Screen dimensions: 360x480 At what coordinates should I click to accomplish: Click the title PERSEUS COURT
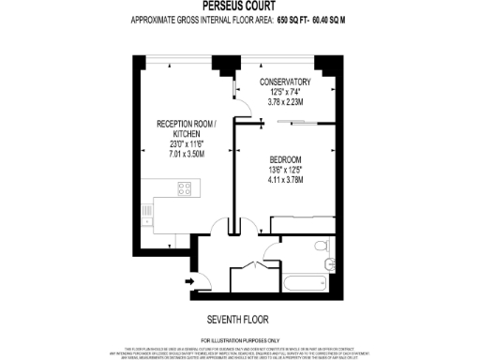click(239, 5)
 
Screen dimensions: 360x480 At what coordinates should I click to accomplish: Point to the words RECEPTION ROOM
click(185, 124)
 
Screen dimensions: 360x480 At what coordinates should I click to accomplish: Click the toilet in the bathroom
click(322, 247)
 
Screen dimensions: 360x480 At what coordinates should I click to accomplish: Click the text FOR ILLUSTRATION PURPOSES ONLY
click(240, 338)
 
